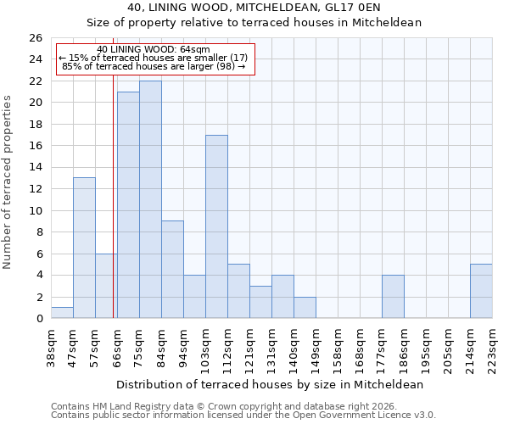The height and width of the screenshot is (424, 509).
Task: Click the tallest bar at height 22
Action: point(150,199)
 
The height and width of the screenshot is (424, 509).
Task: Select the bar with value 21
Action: point(128,205)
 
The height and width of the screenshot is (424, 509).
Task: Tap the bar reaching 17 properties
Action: point(216,226)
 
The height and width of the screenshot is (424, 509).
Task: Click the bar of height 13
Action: point(84,248)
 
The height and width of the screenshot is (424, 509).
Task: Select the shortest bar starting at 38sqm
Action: point(62,313)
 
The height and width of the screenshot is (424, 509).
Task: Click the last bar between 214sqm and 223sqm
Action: point(481,291)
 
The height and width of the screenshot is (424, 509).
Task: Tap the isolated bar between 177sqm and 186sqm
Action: point(393,297)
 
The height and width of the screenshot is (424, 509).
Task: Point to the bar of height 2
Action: point(305,307)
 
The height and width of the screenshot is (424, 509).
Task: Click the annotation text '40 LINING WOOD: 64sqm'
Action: point(154,50)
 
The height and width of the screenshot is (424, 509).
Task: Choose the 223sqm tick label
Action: point(492,347)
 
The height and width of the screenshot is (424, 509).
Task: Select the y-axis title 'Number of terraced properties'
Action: point(8,182)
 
